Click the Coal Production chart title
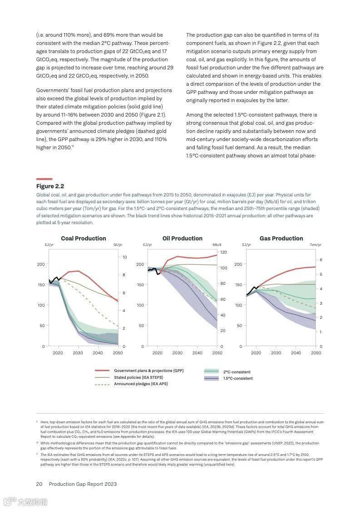coord(84,238)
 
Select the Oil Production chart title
coord(182,238)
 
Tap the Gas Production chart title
coord(281,238)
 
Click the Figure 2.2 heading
coord(50,186)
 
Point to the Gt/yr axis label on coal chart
coord(117,245)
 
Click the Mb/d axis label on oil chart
coord(217,245)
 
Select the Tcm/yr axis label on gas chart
coord(315,245)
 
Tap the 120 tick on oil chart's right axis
coord(223,252)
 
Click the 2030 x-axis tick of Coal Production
coord(78,353)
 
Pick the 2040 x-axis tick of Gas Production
coord(296,353)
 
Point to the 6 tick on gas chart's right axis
coord(321,260)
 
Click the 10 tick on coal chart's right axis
coord(124,257)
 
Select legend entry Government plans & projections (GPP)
coord(148,371)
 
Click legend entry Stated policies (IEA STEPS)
coord(138,377)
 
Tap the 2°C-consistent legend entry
coord(237,372)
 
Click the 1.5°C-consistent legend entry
coord(238,378)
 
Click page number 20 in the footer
coord(39,484)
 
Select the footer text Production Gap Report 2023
coord(83,484)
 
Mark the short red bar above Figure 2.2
coord(44,179)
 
